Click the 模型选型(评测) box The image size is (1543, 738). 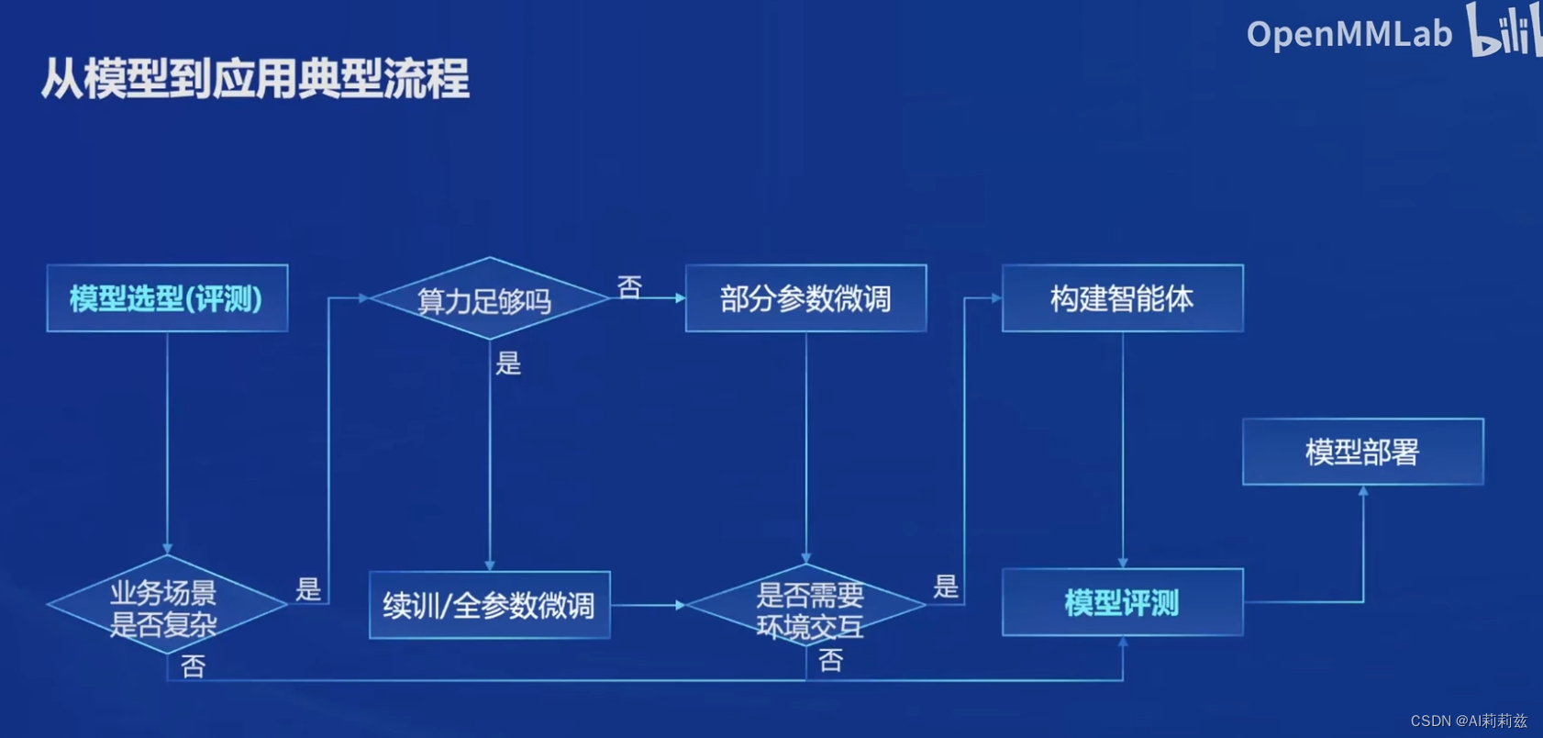pos(167,298)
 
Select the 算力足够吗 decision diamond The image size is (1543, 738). pos(489,298)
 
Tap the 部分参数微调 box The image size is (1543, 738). pos(805,298)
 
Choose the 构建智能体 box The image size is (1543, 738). pos(1122,298)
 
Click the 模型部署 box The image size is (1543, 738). pos(1362,452)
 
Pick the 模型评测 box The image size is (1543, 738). pos(1122,602)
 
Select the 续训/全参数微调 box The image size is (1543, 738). pos(489,605)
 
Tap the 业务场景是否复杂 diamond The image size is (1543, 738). pos(166,605)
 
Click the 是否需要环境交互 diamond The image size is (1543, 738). pos(805,606)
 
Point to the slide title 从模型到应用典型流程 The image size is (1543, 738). pos(255,79)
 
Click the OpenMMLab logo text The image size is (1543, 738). pos(1349,35)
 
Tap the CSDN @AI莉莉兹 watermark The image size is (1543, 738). pos(1468,721)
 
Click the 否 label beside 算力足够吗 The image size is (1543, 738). pos(629,287)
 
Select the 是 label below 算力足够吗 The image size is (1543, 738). pos(508,363)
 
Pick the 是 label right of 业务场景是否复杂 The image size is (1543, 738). pos(308,589)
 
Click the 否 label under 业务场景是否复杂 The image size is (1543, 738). pos(193,666)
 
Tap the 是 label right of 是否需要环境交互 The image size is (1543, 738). pos(946,587)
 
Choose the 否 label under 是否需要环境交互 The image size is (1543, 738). pos(830,660)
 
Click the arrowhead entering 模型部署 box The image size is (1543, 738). pos(1363,492)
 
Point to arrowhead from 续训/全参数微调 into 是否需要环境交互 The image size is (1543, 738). pos(680,605)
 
